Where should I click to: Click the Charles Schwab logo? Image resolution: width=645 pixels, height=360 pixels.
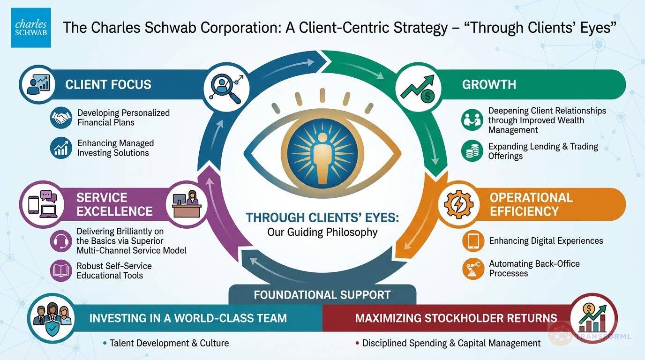(x=31, y=27)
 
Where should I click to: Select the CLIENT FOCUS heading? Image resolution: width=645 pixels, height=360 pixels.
(x=108, y=85)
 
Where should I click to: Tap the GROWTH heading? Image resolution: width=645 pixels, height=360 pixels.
(x=489, y=85)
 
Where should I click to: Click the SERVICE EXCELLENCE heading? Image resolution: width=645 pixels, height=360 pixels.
(x=114, y=204)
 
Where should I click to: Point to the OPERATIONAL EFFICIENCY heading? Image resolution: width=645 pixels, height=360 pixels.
(x=531, y=204)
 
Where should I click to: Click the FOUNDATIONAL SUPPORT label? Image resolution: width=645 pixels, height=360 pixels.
(x=322, y=295)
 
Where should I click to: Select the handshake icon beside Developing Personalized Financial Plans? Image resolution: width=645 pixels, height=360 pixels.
(x=61, y=117)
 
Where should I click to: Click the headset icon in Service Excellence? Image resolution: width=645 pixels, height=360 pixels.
(x=61, y=242)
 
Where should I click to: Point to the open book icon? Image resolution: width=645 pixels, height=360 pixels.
(x=61, y=270)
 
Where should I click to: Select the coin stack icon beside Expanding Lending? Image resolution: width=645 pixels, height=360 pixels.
(x=472, y=151)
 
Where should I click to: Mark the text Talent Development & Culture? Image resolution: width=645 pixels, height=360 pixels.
(x=169, y=343)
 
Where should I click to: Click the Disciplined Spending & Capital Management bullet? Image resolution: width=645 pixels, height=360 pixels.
(x=451, y=343)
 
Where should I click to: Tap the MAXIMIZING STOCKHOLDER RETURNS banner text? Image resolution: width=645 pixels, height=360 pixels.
(x=456, y=318)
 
